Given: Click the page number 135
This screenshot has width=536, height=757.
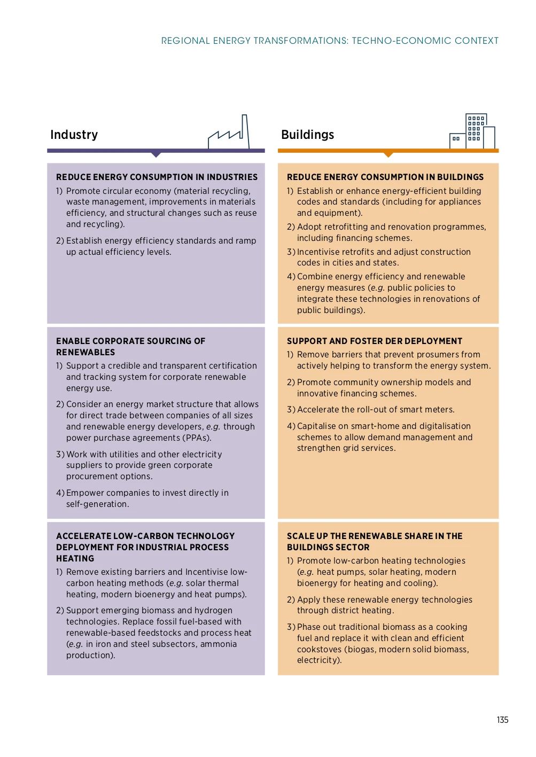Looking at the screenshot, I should [x=502, y=720].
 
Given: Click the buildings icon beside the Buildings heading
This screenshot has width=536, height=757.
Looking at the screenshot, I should [x=472, y=131].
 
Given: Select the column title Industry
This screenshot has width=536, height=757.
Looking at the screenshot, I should [x=74, y=135].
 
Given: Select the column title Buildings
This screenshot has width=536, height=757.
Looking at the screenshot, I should [x=307, y=135].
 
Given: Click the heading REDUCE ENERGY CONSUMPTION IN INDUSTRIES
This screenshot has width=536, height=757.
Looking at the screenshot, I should [x=157, y=177].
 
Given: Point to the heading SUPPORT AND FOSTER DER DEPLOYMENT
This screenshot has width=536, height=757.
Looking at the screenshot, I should [x=374, y=341].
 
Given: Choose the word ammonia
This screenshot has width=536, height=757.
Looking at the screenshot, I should [x=219, y=644].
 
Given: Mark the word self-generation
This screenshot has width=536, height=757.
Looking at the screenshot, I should [x=97, y=504].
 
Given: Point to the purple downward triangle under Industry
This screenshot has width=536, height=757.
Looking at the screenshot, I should [x=156, y=154].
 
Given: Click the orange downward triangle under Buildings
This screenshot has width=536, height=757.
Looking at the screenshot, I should [x=389, y=154].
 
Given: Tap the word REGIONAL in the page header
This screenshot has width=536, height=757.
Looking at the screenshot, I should [x=185, y=41].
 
